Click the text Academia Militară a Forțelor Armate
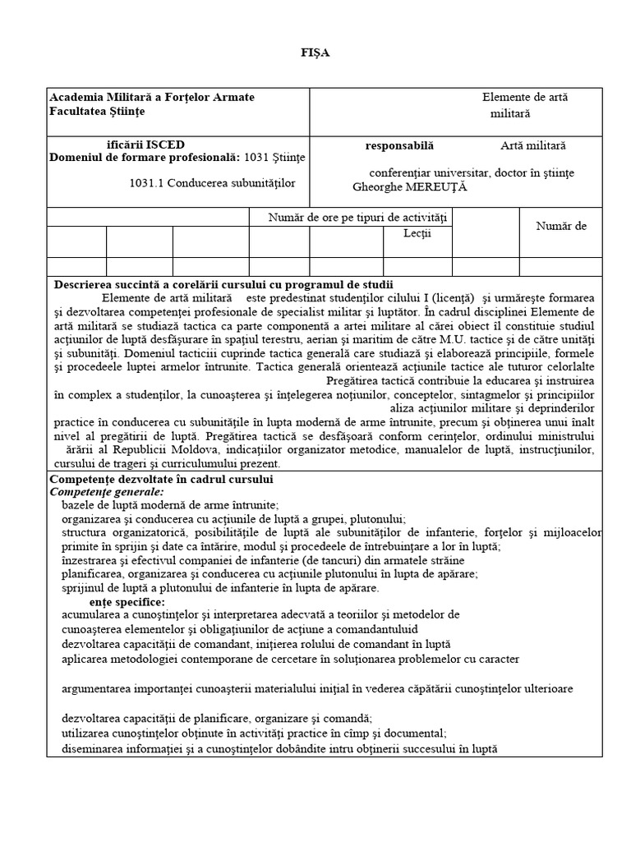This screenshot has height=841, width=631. click(152, 97)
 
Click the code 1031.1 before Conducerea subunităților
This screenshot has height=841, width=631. click(148, 183)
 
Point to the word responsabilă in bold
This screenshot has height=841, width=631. click(399, 145)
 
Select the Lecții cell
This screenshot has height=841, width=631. click(417, 234)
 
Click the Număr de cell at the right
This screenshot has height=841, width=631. click(561, 226)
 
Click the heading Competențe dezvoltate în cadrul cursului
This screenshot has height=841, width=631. click(162, 479)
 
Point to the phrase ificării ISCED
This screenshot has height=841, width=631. click(128, 145)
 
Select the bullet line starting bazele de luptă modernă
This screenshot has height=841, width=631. click(170, 504)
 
